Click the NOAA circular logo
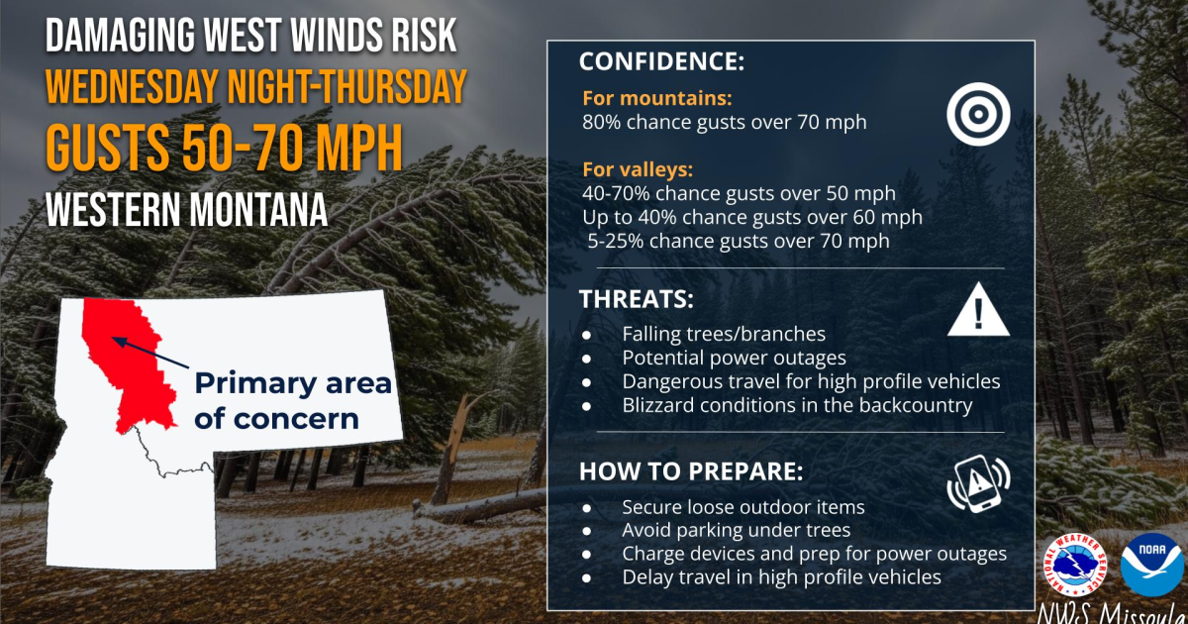(1151, 565)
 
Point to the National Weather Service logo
(1081, 566)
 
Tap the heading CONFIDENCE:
(660, 61)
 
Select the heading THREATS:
(636, 299)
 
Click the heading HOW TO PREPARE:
(691, 471)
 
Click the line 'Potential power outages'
(734, 357)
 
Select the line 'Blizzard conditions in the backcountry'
(797, 404)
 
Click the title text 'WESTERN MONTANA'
(186, 209)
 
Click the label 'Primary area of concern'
(292, 400)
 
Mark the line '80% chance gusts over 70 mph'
(724, 122)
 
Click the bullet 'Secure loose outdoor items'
(742, 507)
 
